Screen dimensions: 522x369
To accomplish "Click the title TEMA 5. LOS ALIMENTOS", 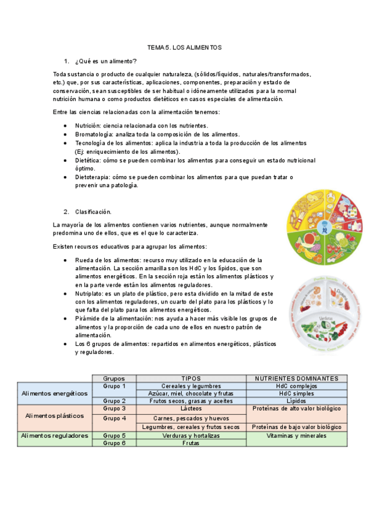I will point(184,47).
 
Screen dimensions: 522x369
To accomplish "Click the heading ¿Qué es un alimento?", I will point(105,61).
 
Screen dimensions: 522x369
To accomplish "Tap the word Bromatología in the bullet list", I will point(93,134).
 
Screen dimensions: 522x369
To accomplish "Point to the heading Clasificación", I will point(93,212).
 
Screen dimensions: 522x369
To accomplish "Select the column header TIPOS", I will point(191,378).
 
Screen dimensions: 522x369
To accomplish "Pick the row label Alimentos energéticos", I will point(55,393).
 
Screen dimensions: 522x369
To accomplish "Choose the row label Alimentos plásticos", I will point(55,416).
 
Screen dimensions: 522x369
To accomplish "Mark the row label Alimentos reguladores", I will point(55,435).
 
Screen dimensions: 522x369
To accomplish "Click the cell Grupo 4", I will point(115,419).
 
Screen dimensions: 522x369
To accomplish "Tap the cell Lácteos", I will point(191,408).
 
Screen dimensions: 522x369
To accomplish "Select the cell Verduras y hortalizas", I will point(191,435).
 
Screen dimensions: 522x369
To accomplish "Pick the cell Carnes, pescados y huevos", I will point(191,419).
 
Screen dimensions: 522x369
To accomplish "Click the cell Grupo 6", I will point(115,443).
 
